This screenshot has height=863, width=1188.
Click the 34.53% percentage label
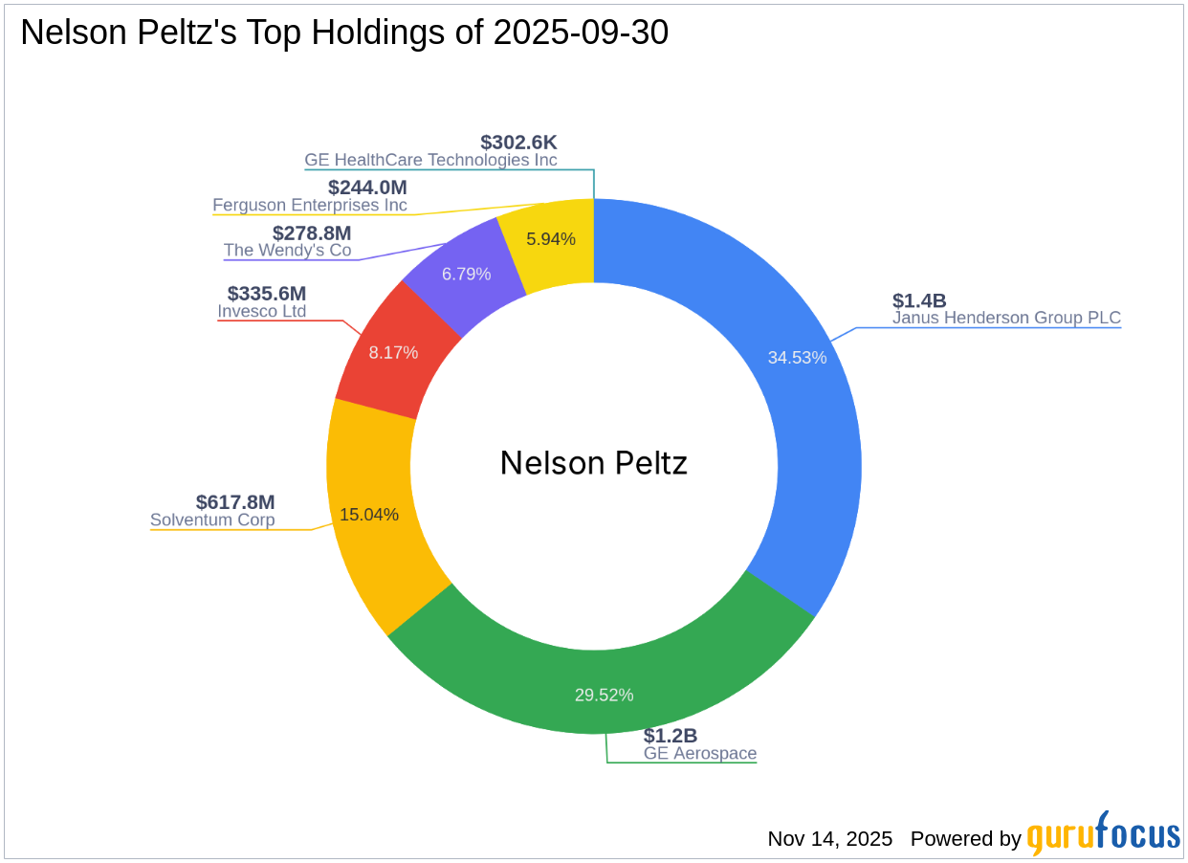(797, 358)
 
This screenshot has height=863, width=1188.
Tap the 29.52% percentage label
(604, 696)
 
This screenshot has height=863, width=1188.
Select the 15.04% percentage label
(369, 515)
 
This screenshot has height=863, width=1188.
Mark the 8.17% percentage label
(393, 352)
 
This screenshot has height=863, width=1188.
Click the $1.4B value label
(919, 300)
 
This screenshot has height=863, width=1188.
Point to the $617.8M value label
(235, 502)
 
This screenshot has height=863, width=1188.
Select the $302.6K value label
(518, 143)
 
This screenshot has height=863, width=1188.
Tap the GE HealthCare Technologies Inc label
(430, 161)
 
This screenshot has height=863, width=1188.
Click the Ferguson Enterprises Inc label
(310, 206)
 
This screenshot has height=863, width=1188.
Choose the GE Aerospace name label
(699, 754)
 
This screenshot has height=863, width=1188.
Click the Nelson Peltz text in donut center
(594, 464)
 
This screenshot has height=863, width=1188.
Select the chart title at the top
(344, 33)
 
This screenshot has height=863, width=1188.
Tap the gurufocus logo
(1104, 835)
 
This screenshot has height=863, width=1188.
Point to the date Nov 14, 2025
(829, 839)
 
